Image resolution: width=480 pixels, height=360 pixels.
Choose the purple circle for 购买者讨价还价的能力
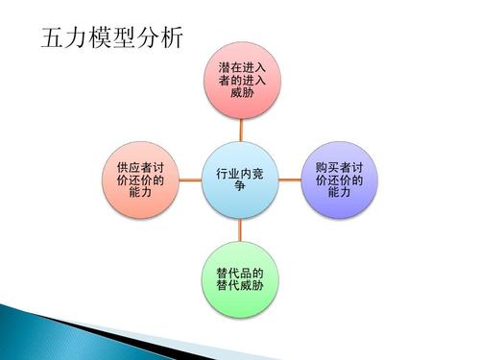(x=340, y=180)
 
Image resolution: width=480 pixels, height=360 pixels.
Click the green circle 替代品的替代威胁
(x=240, y=278)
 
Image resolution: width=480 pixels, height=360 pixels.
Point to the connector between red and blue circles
(x=241, y=131)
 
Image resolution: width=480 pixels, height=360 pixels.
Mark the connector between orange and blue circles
(x=190, y=180)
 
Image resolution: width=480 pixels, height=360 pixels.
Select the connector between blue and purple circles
(x=290, y=180)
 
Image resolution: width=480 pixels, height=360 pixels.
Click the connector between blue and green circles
(x=241, y=229)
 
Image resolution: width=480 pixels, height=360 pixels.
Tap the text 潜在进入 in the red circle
(x=242, y=66)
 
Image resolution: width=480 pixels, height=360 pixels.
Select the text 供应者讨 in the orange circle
(x=140, y=166)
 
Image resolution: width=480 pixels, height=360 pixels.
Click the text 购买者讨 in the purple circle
(x=340, y=166)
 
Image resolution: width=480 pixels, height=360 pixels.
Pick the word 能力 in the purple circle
(x=340, y=193)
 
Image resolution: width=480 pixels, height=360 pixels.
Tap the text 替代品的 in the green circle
(x=240, y=272)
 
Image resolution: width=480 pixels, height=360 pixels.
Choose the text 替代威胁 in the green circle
(x=240, y=286)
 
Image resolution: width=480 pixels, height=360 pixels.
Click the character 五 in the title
(x=55, y=40)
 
